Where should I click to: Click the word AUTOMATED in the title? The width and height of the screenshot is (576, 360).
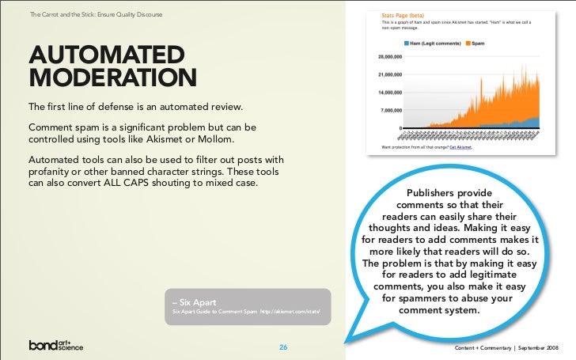[x=107, y=55]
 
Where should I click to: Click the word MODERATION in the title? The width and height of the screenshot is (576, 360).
[x=112, y=79]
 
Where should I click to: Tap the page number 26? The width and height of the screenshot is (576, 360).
[x=282, y=347]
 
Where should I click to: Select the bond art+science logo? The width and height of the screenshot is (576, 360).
[x=56, y=346]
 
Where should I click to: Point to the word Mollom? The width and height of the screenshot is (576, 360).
[x=237, y=139]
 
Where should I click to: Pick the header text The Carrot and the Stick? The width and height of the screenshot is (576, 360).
[x=63, y=13]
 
